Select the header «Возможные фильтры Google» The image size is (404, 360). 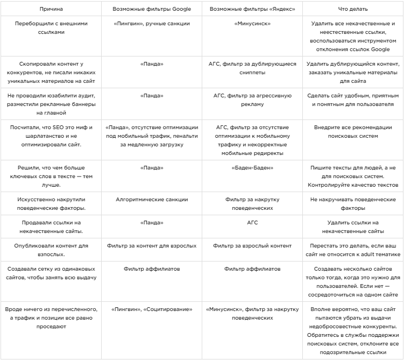[152, 10]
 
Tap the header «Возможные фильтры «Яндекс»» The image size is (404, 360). [252, 10]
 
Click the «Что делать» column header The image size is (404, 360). [353, 10]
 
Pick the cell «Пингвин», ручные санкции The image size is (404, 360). [152, 24]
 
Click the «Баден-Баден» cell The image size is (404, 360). [252, 168]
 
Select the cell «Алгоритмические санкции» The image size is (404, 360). [152, 199]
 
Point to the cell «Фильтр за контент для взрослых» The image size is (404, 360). [152, 246]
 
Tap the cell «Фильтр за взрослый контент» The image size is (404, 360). [252, 246]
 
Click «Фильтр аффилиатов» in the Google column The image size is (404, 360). [152, 269]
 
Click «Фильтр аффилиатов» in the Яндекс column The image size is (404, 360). [252, 269]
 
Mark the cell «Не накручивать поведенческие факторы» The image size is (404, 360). [353, 203]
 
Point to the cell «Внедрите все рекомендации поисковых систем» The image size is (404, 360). [353, 132]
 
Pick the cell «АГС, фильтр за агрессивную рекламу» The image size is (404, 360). [252, 100]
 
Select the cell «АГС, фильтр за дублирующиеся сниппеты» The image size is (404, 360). [252, 68]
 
